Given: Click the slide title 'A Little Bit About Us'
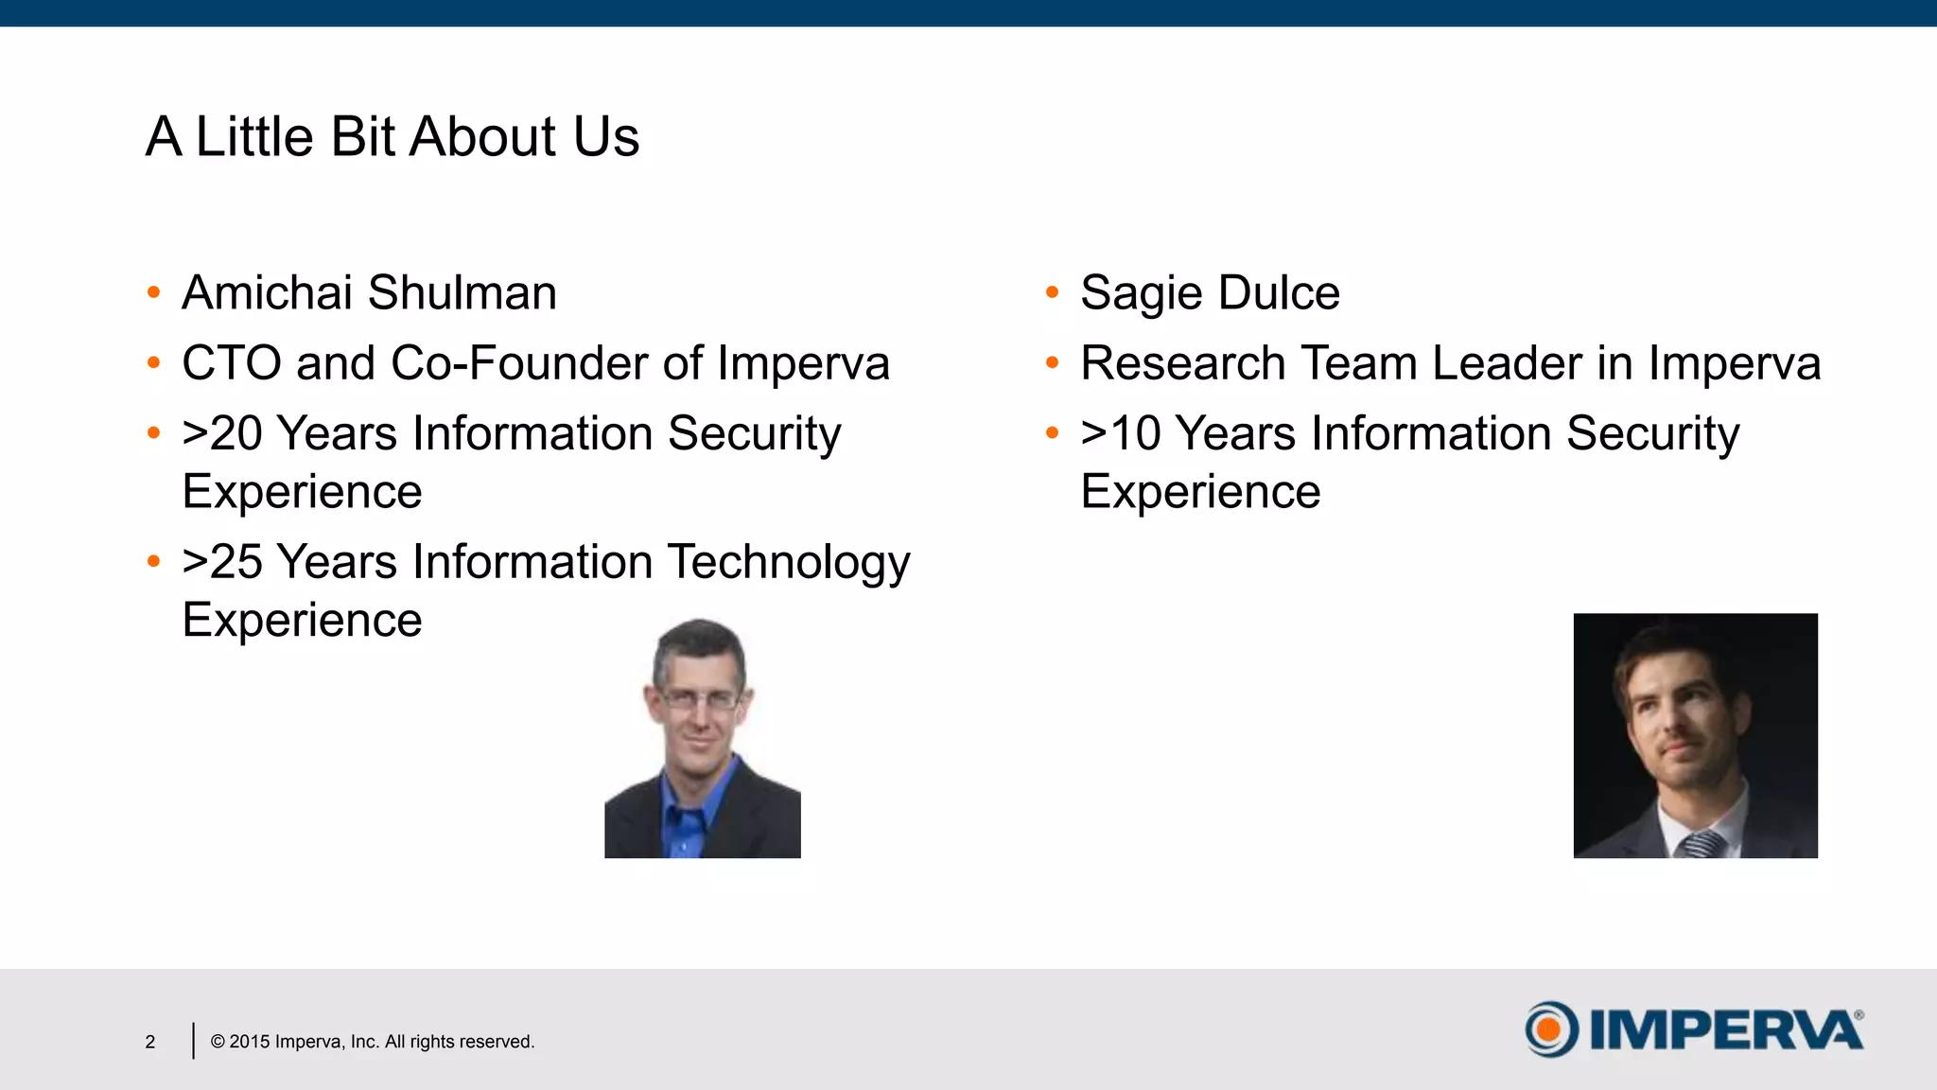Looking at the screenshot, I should click(393, 136).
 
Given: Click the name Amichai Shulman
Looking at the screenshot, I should click(369, 292).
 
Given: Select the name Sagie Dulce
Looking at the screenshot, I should click(1210, 292).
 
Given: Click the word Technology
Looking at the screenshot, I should click(789, 562).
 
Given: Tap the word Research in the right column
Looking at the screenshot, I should click(1182, 363).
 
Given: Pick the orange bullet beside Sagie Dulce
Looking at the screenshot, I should click(1052, 292).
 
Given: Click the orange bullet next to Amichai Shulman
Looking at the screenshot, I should click(153, 292).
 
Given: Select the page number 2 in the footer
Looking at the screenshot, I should click(149, 1042).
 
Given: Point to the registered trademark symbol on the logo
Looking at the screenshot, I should click(1858, 1015).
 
